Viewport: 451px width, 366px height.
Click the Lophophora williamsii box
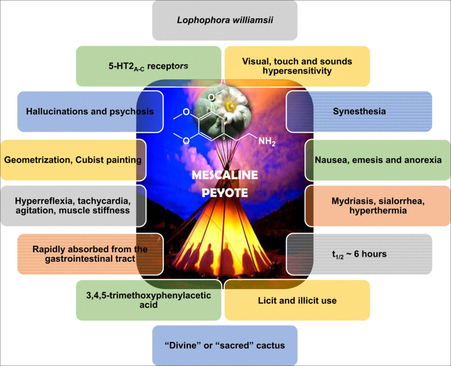pos(225,20)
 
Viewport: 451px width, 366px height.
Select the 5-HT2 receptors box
pos(148,66)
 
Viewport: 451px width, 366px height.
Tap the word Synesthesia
pos(359,111)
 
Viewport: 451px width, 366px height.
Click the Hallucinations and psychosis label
pos(90,111)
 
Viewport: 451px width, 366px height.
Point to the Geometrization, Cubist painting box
pos(73,160)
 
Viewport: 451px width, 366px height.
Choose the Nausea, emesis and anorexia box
pos(378,160)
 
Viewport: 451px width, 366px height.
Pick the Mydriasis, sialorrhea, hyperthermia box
pos(378,205)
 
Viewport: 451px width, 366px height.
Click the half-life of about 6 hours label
pos(359,254)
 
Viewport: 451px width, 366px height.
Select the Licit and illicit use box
pos(297,300)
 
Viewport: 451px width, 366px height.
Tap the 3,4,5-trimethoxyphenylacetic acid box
pos(148,299)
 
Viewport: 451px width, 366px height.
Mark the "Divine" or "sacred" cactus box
pos(225,345)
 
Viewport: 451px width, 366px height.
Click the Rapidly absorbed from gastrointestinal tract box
pos(90,254)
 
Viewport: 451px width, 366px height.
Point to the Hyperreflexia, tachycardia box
pos(73,205)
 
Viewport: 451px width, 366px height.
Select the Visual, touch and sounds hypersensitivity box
pos(297,66)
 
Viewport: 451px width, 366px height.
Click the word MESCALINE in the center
pos(225,175)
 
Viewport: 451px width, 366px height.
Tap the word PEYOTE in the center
pos(225,193)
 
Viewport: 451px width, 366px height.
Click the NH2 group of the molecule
pos(267,142)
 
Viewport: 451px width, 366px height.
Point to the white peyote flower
pos(230,105)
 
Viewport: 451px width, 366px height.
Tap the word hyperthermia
pos(378,211)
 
